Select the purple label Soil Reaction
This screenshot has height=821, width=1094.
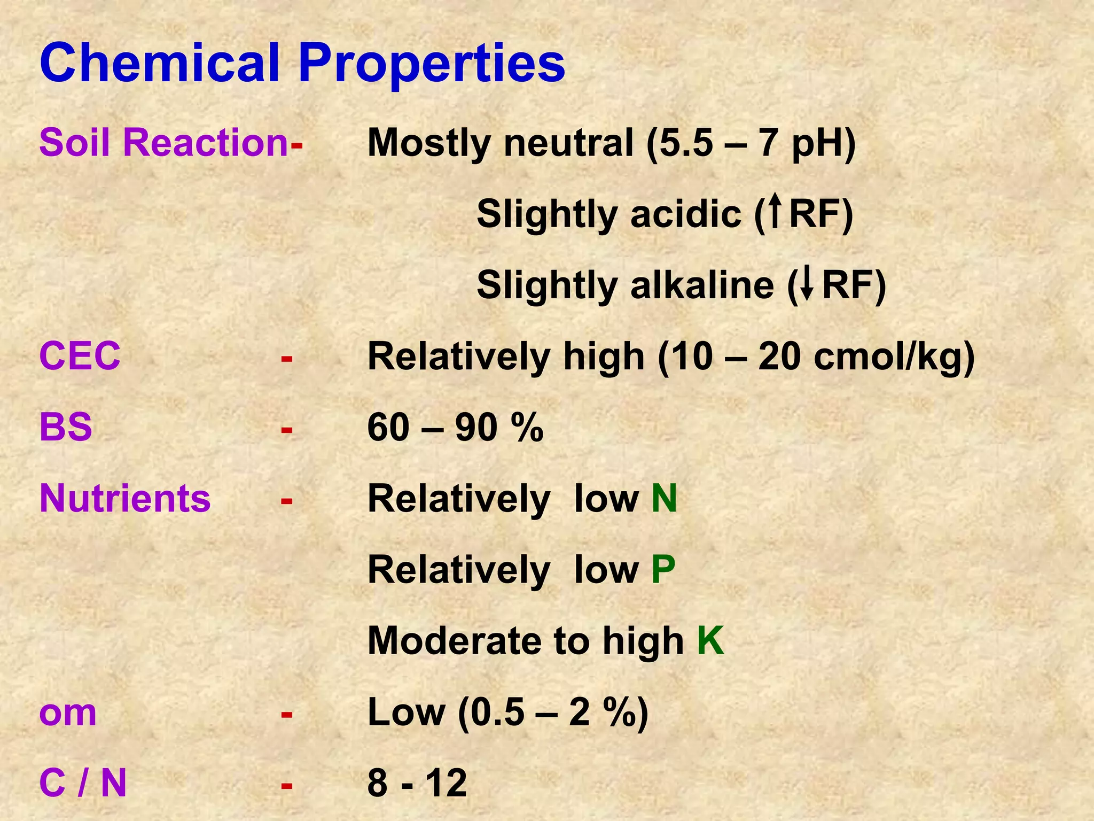(x=163, y=143)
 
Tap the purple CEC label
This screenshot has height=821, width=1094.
(x=80, y=356)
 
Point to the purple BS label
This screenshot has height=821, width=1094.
(x=66, y=428)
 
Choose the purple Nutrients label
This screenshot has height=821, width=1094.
(x=125, y=498)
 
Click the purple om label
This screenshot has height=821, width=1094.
(x=68, y=713)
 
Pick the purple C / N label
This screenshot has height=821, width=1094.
(x=83, y=784)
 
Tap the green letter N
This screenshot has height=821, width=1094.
(x=664, y=498)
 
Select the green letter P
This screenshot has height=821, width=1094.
(x=663, y=570)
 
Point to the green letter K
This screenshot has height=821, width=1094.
(x=710, y=640)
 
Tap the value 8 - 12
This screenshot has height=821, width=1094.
(x=417, y=784)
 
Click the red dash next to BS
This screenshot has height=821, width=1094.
(x=287, y=429)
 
